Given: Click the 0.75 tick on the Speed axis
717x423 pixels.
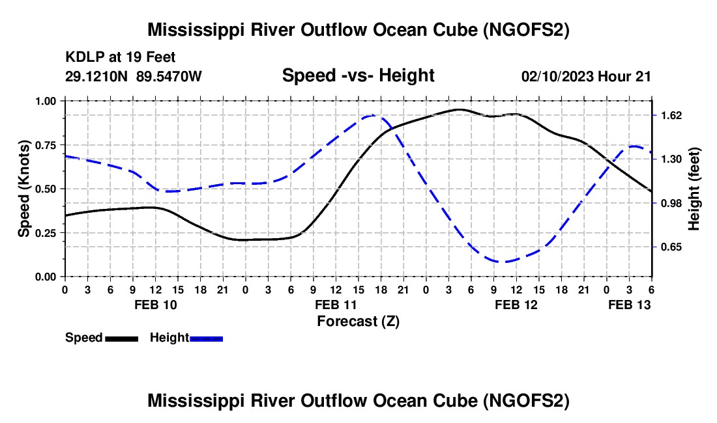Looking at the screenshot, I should (48, 145).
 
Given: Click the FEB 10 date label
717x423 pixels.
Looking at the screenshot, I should (155, 305).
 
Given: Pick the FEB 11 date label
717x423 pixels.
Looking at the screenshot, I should (336, 305).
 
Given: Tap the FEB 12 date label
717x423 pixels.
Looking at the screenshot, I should (516, 305).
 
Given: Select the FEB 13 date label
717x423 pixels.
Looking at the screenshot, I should (629, 305).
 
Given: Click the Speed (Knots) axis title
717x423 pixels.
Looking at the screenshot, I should (24, 189).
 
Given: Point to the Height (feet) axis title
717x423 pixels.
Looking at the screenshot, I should (694, 189).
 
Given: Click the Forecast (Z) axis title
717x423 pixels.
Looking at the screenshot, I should (358, 321).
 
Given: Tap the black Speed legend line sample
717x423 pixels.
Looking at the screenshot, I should (121, 338).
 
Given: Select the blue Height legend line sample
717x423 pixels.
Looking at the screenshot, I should (207, 338).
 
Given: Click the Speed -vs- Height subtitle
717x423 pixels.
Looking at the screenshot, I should (358, 75).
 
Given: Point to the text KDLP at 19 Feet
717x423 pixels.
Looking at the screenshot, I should (121, 58).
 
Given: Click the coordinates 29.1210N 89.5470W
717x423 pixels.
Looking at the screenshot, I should (134, 77).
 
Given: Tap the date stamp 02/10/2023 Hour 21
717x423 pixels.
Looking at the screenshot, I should (586, 77).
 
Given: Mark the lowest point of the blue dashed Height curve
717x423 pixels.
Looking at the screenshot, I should (501, 262).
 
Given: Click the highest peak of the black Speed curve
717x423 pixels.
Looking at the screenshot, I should (459, 109).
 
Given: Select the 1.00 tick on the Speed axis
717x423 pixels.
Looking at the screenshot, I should (48, 101).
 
